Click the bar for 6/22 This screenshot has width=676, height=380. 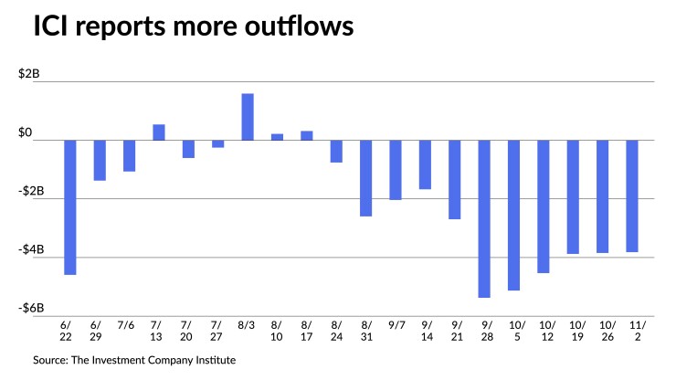[69, 207]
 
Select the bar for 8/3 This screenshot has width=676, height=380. [248, 117]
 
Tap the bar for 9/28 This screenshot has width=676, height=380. [484, 218]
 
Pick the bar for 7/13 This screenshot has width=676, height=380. [158, 132]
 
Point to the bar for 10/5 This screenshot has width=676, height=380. [514, 215]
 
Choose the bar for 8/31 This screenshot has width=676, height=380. [365, 178]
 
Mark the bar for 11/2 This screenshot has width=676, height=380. [632, 195]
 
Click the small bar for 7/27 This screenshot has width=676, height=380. [217, 143]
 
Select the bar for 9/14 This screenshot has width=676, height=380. [425, 164]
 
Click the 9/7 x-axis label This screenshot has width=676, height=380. [396, 324]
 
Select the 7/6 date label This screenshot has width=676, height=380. [129, 324]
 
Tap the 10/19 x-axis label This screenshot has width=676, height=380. [573, 330]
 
